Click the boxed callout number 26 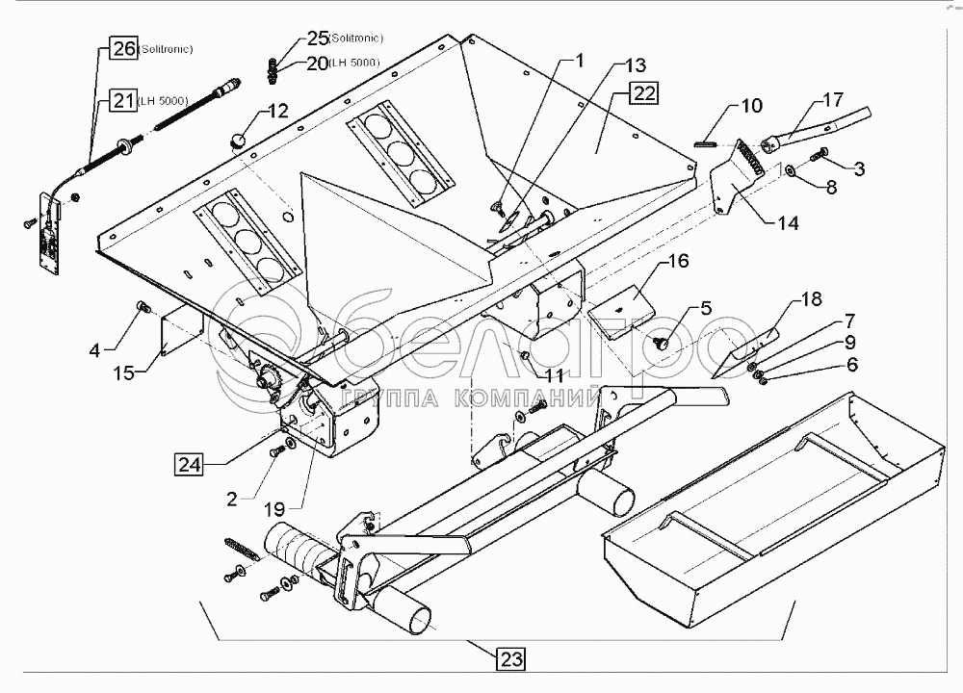(x=122, y=49)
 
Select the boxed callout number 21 (x=122, y=99)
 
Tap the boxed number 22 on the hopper (x=643, y=94)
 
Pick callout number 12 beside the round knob (x=277, y=111)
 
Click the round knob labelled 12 (x=236, y=140)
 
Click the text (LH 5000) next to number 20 (x=352, y=64)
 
